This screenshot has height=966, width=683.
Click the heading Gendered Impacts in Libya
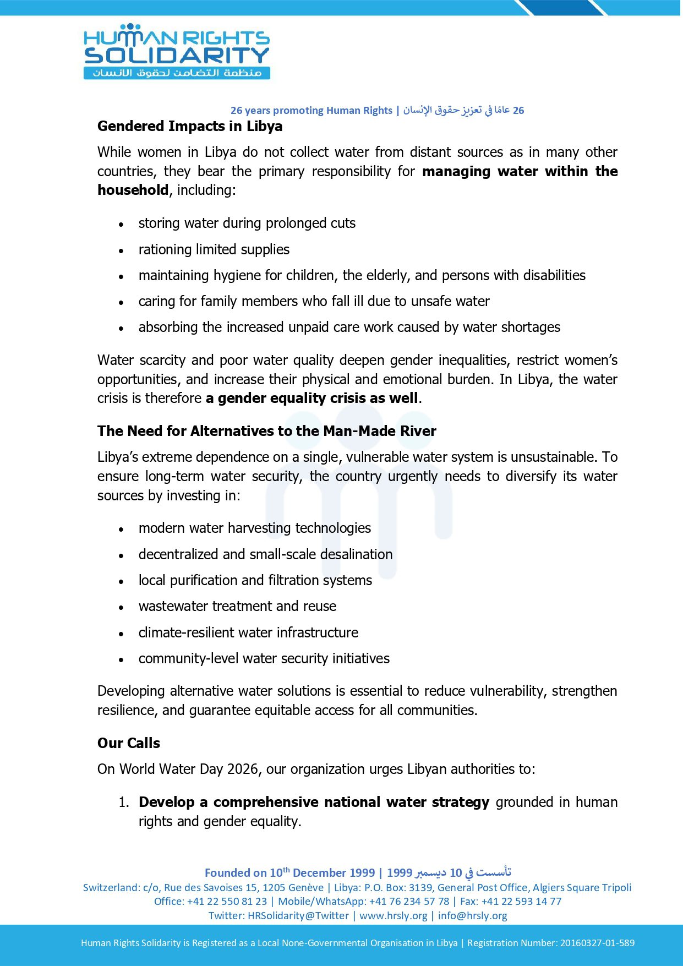(x=190, y=126)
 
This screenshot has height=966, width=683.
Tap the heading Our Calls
(x=129, y=743)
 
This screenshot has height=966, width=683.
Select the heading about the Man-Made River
(x=266, y=431)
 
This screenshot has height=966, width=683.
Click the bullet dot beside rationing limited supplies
(x=121, y=250)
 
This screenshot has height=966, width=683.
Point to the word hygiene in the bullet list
(x=238, y=275)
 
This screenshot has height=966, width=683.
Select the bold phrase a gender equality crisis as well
(x=312, y=398)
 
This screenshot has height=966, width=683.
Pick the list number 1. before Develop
(x=124, y=803)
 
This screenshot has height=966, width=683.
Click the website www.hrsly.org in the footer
(x=393, y=915)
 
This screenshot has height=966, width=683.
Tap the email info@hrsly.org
(x=472, y=915)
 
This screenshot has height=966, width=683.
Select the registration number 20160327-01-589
(x=597, y=943)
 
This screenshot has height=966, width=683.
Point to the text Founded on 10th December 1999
(x=289, y=872)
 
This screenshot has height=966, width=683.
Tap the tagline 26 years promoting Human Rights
(x=311, y=111)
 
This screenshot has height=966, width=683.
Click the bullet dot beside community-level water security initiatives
(x=121, y=659)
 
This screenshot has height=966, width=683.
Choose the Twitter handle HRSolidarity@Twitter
(x=298, y=915)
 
